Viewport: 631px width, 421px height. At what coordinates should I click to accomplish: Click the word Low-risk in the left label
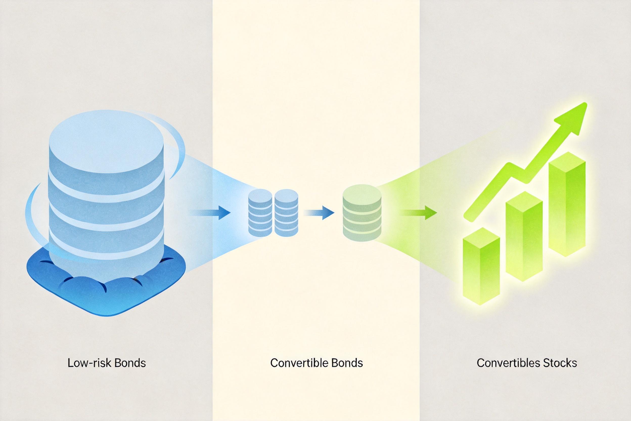(89, 363)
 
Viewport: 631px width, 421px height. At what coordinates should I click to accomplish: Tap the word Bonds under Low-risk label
(130, 363)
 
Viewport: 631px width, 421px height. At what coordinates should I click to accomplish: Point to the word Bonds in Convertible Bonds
(347, 363)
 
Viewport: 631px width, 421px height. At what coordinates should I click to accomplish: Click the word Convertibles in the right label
(508, 363)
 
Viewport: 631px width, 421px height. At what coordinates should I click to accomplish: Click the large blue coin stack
(106, 193)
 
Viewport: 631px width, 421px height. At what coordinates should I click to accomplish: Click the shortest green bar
(481, 266)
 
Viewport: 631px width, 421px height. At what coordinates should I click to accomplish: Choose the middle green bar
(524, 236)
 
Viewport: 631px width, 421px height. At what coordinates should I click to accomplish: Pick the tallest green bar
(567, 204)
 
